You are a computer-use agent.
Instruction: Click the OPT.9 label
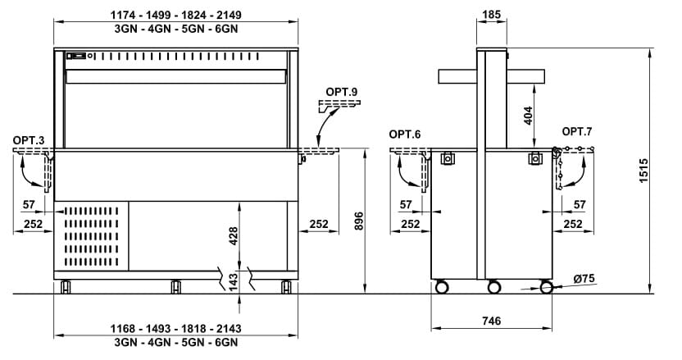point(342,92)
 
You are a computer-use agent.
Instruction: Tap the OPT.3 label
point(27,141)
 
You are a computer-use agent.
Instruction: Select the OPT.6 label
point(404,134)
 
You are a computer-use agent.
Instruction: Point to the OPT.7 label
point(576,131)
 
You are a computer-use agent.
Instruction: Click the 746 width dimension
point(492,321)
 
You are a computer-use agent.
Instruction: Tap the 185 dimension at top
point(492,15)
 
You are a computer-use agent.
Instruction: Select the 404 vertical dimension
point(528,120)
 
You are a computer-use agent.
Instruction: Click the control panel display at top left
point(76,56)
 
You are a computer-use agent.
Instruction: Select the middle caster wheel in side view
point(493,287)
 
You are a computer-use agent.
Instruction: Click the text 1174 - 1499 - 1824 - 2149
point(175,15)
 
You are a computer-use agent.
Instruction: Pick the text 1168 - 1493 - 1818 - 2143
point(175,329)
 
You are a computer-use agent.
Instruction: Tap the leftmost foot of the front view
point(66,286)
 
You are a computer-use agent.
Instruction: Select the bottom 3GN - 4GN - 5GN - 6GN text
point(175,341)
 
